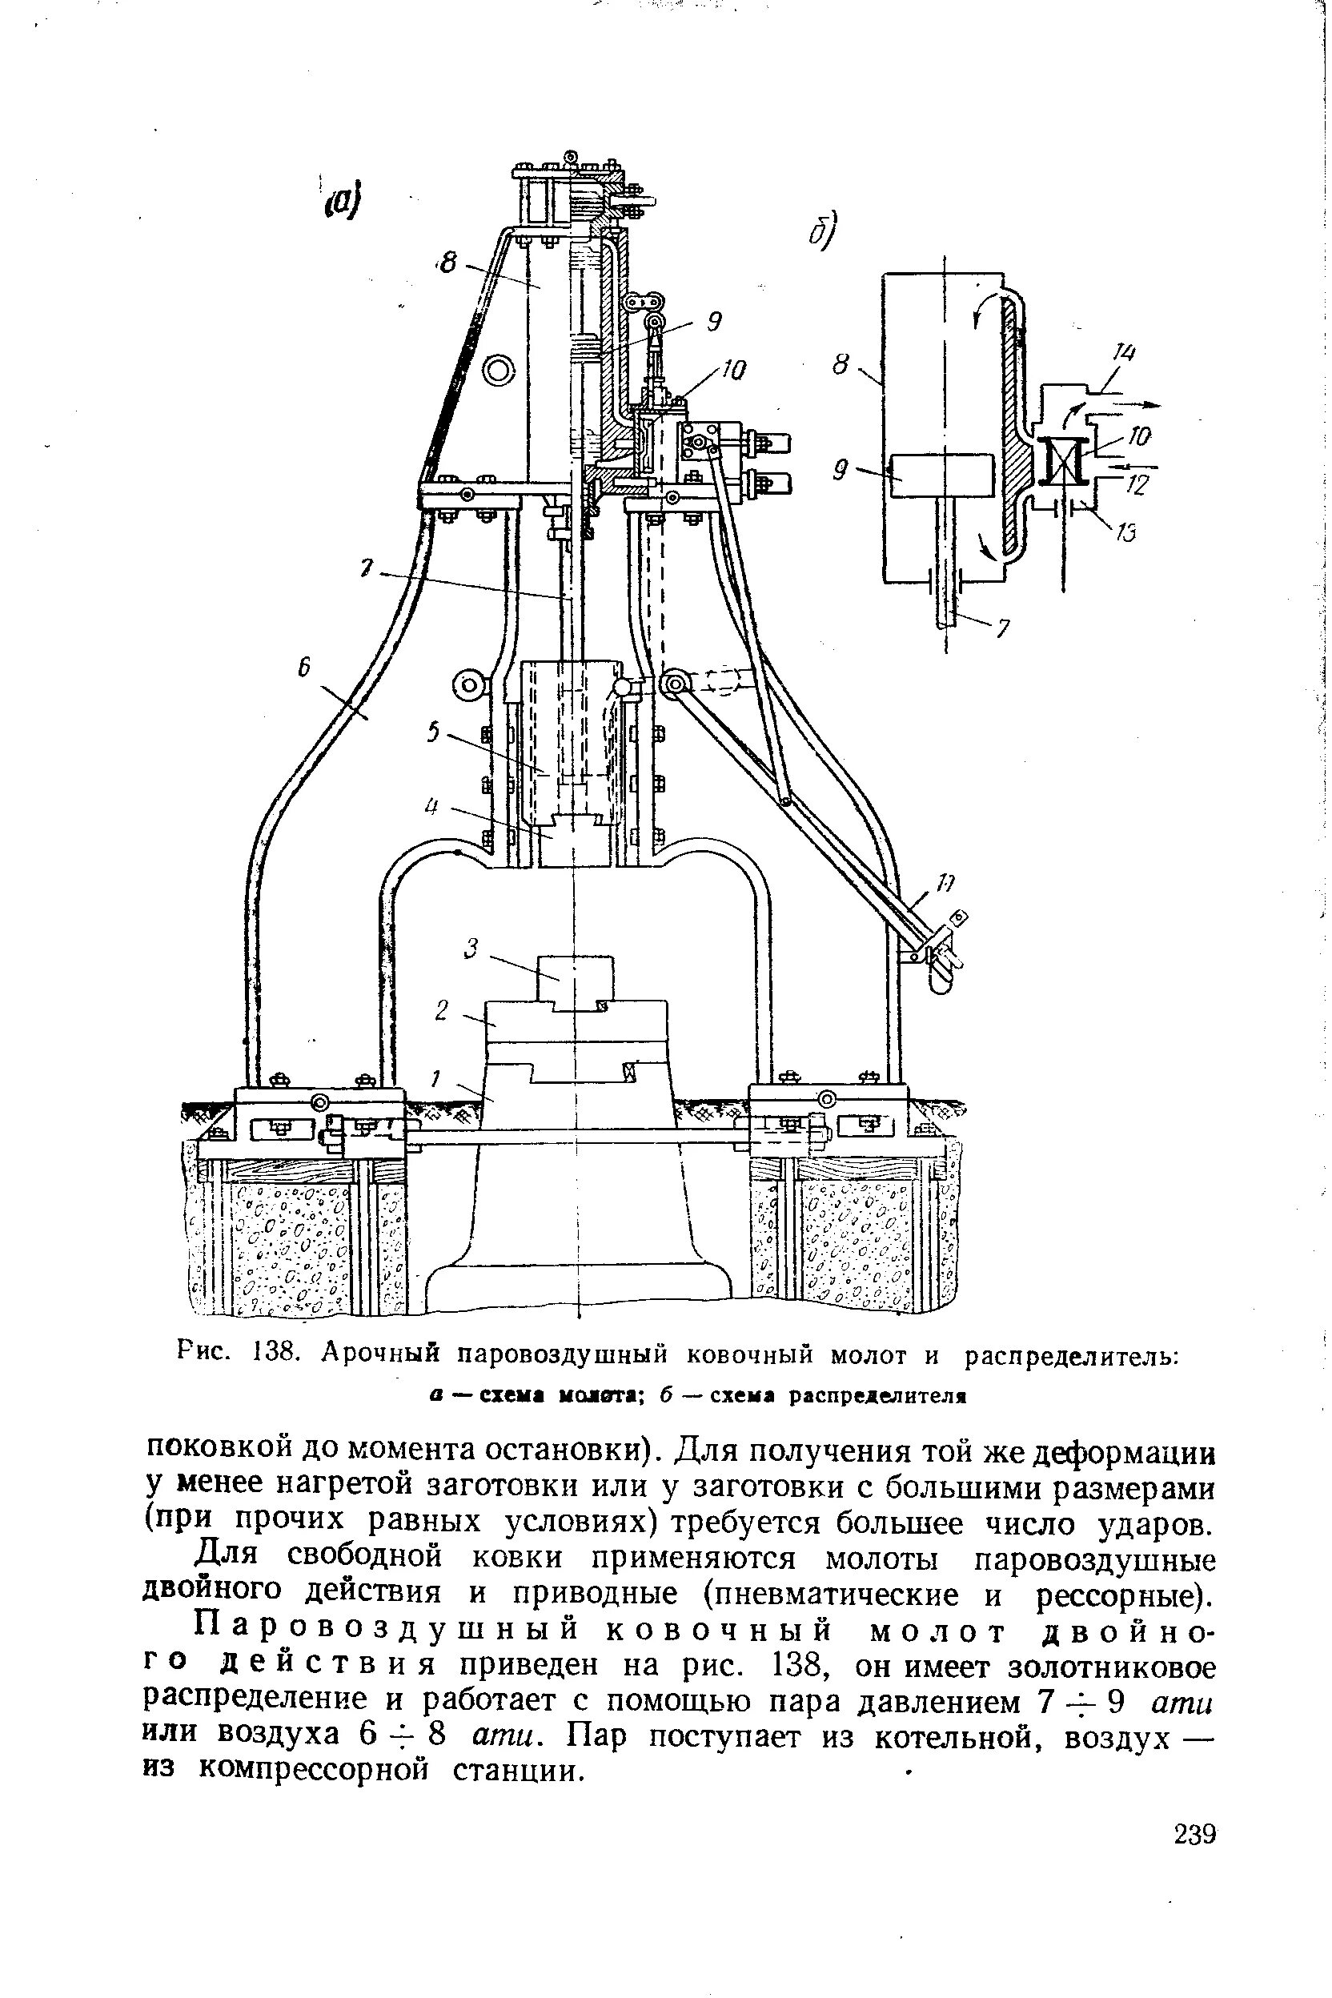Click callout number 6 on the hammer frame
(303, 670)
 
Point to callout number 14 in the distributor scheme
(1125, 353)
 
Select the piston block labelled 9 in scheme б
(944, 474)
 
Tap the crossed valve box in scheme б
(1065, 459)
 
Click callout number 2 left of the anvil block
(441, 1011)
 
